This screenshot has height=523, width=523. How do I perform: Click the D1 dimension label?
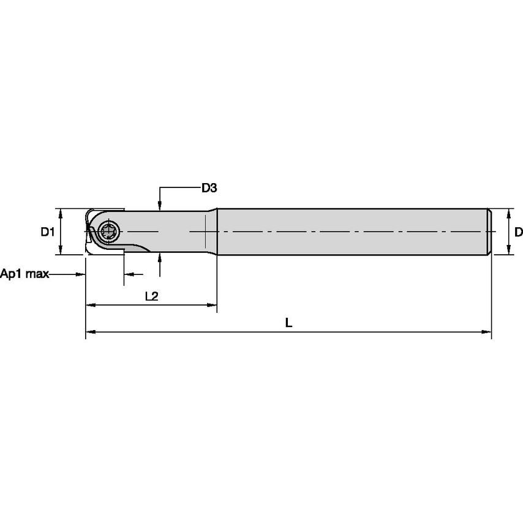coord(48,232)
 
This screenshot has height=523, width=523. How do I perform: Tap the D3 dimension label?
coord(209,188)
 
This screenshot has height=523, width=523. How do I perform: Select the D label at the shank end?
coord(517,232)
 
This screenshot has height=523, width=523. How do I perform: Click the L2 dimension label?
coord(151,296)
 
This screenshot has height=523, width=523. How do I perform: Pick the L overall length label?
coord(289,323)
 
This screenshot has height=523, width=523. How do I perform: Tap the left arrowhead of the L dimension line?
coord(89,332)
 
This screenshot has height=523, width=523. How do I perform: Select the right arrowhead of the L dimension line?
coord(487,332)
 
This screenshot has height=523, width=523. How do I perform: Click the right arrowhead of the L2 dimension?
coord(213,304)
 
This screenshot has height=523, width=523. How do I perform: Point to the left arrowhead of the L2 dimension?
coord(89,304)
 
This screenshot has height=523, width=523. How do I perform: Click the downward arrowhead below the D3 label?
coord(159,205)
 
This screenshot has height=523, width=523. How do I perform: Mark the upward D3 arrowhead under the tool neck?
coord(159,258)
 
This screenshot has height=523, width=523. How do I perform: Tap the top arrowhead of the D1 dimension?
coord(60,212)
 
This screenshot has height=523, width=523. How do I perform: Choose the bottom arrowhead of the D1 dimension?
coord(60,251)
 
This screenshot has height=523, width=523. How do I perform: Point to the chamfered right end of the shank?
coord(491,232)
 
